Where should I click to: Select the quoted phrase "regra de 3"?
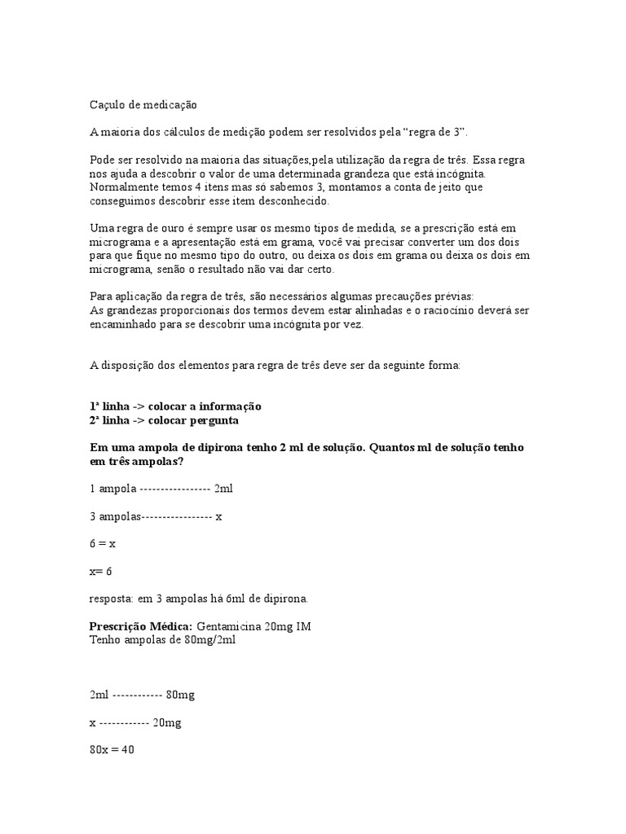[x=439, y=132]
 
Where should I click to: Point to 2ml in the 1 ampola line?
[x=223, y=489]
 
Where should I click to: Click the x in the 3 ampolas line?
[x=218, y=516]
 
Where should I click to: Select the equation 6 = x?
[x=103, y=543]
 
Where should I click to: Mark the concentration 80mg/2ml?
[x=211, y=639]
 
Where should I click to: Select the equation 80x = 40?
[x=112, y=749]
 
